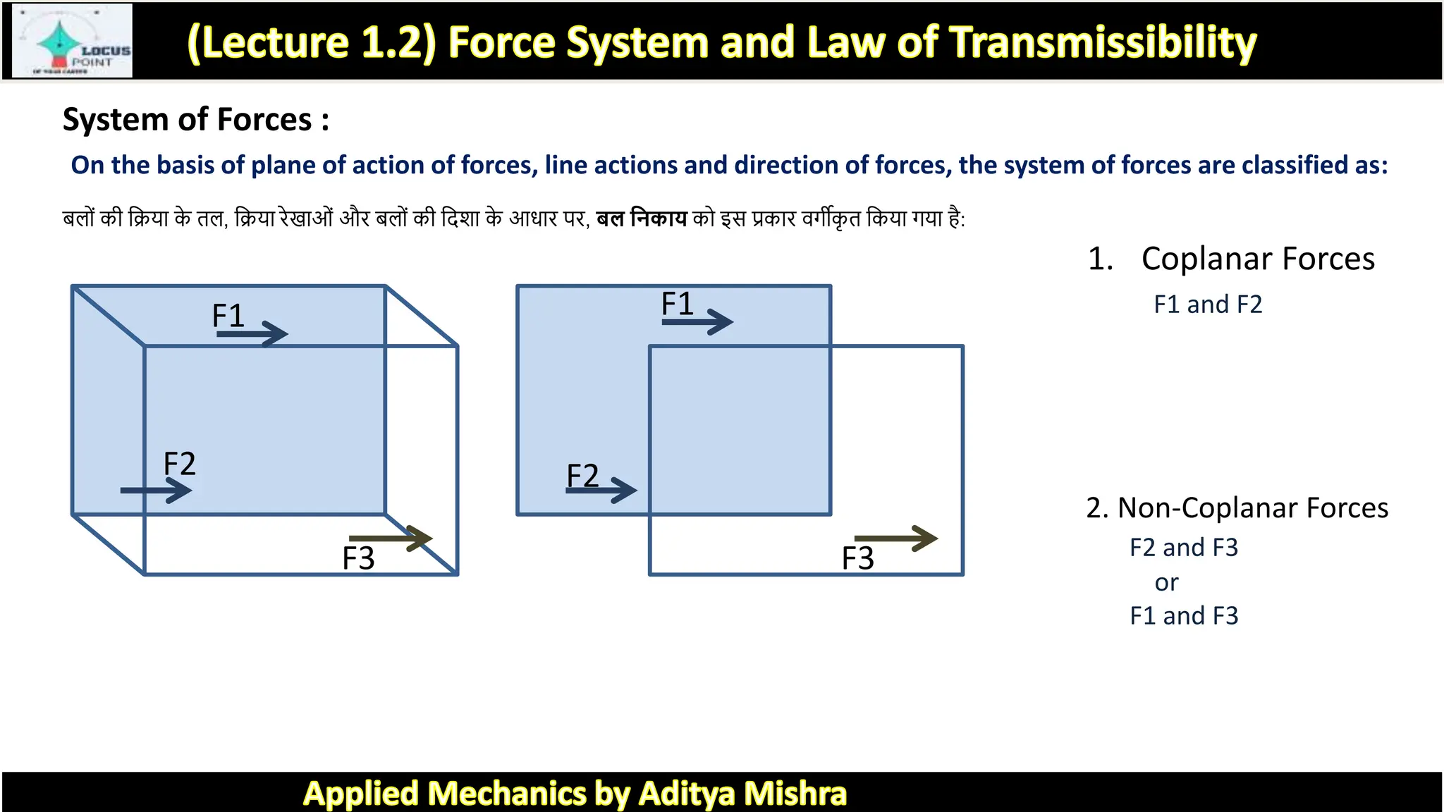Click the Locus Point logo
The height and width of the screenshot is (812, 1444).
73,41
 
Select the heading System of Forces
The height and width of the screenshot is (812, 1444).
195,120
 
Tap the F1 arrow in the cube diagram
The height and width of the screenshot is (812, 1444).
252,333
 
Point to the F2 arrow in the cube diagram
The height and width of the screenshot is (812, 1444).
156,490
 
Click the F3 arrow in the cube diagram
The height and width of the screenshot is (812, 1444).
390,539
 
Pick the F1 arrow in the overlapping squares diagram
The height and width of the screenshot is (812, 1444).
697,321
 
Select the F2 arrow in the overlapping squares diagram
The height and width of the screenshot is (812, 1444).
601,490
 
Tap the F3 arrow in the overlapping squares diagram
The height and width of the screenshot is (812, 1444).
895,539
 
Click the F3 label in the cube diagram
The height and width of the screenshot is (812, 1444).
358,559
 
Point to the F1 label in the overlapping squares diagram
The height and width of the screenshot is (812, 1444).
677,304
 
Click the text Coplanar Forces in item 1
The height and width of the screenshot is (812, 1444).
1258,259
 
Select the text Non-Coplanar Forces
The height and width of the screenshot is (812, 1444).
1252,508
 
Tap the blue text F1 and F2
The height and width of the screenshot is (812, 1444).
1208,304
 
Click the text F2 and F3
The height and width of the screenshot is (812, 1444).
1183,548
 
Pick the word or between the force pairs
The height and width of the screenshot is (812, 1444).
1166,583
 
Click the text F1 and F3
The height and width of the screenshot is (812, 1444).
1183,616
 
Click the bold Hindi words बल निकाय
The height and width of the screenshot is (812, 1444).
641,219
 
